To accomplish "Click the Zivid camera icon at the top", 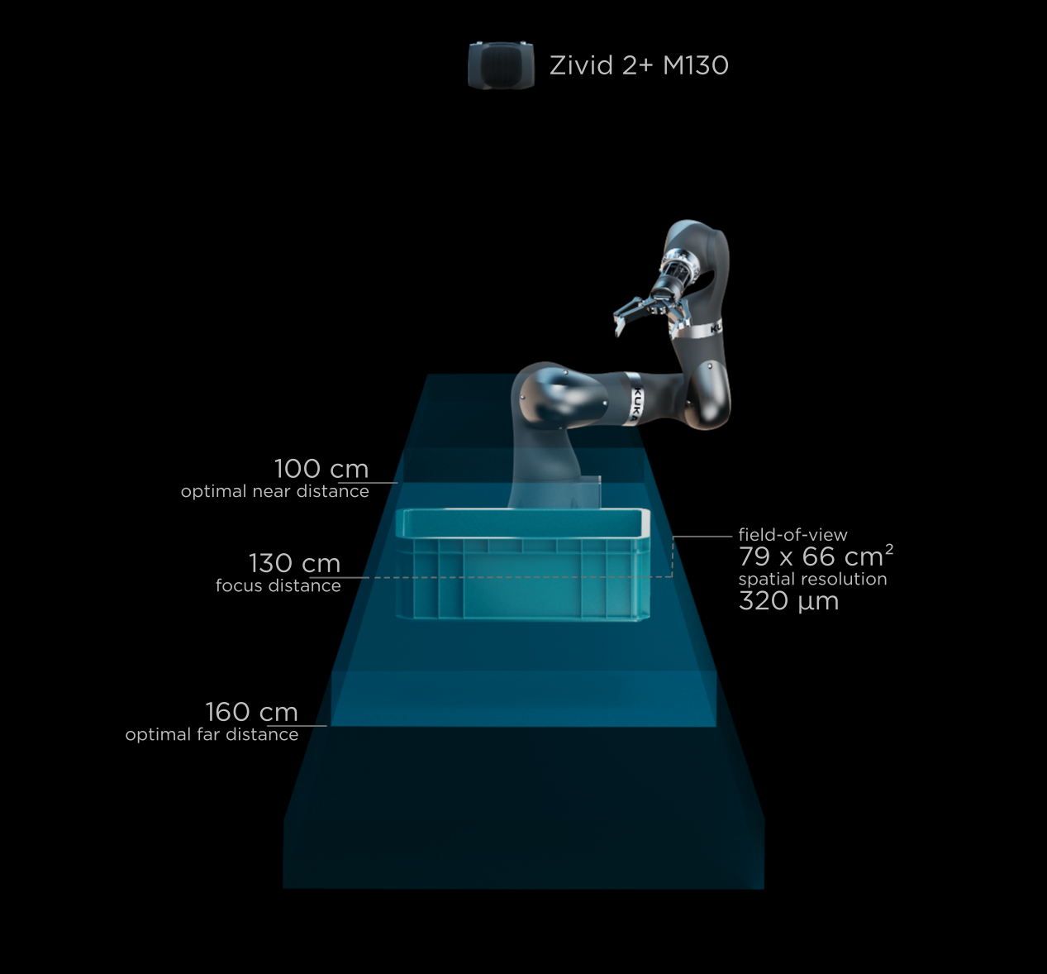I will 501,65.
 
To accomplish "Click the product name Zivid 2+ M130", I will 639,65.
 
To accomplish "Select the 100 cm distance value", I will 321,469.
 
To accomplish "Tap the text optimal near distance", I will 274,491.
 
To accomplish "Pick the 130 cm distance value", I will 294,563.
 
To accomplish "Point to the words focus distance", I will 278,585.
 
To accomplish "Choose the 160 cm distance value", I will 251,712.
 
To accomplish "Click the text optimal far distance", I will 212,734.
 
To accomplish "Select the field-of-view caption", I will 792,535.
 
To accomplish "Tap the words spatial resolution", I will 812,579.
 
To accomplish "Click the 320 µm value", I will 788,601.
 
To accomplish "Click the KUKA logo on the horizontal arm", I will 637,403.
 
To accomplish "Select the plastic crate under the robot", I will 522,566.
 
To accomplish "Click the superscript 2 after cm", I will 889,548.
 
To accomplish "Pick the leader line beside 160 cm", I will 313,726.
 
